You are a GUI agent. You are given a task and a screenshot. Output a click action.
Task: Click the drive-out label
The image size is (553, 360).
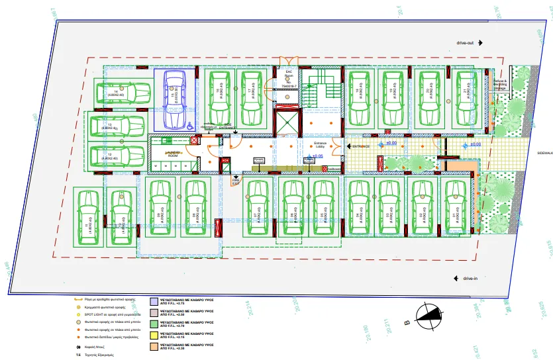[464, 42]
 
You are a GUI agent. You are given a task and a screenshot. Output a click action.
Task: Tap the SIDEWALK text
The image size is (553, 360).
[544, 152]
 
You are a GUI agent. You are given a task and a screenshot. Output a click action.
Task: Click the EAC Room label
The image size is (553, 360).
[289, 77]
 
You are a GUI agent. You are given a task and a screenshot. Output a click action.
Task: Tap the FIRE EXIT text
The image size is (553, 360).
[235, 179]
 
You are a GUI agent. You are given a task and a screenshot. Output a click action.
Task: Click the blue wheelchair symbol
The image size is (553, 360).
[189, 124]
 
